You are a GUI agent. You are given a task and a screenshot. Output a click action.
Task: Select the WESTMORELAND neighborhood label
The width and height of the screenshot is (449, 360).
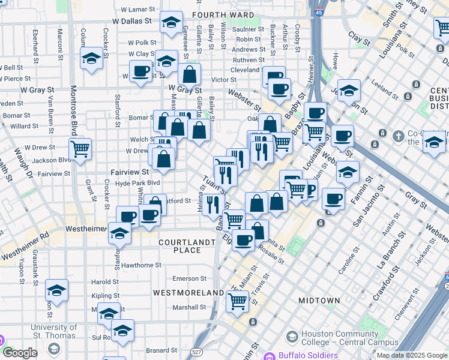188,292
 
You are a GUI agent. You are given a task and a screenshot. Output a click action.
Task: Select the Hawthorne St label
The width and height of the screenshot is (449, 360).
141,265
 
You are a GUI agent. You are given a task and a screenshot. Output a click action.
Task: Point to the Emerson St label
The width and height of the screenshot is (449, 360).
189,278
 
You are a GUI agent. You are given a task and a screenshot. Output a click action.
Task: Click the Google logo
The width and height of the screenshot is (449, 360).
20,353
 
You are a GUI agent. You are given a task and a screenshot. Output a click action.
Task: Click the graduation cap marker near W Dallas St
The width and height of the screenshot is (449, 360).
171,23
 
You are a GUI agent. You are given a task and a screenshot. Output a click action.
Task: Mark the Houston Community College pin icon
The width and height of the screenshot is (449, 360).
292,336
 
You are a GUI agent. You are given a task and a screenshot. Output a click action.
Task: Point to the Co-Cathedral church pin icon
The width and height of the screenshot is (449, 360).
397,136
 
